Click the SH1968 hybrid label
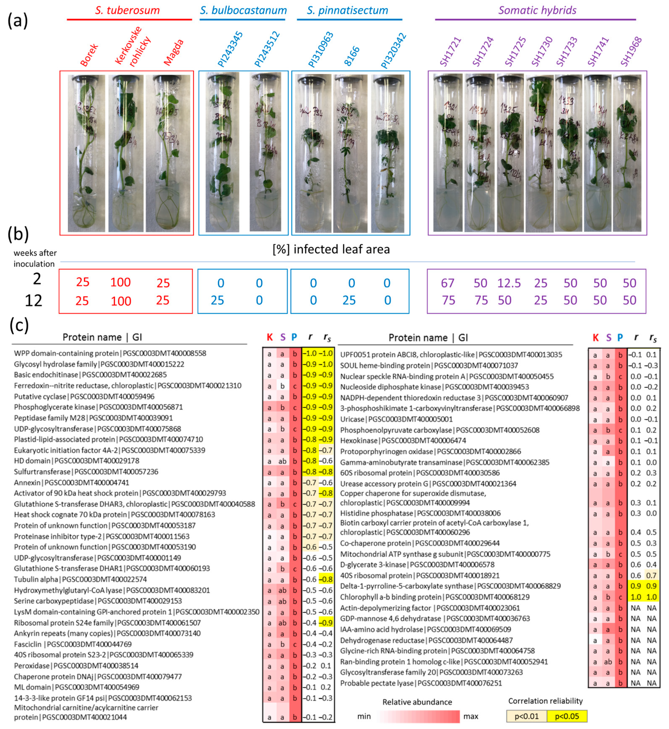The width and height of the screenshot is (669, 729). (631, 52)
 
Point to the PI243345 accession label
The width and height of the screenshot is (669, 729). (230, 50)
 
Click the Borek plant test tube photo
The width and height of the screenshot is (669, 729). (86, 153)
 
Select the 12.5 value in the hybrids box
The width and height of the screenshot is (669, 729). (509, 283)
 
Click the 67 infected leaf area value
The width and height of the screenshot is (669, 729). (448, 283)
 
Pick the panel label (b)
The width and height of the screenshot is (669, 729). (18, 234)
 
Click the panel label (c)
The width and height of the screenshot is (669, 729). (19, 325)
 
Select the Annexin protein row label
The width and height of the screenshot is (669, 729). (27, 483)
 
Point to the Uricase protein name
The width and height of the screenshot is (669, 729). (352, 419)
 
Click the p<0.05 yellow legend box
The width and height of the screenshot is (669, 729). (567, 716)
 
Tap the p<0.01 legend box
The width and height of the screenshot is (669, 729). (526, 716)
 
